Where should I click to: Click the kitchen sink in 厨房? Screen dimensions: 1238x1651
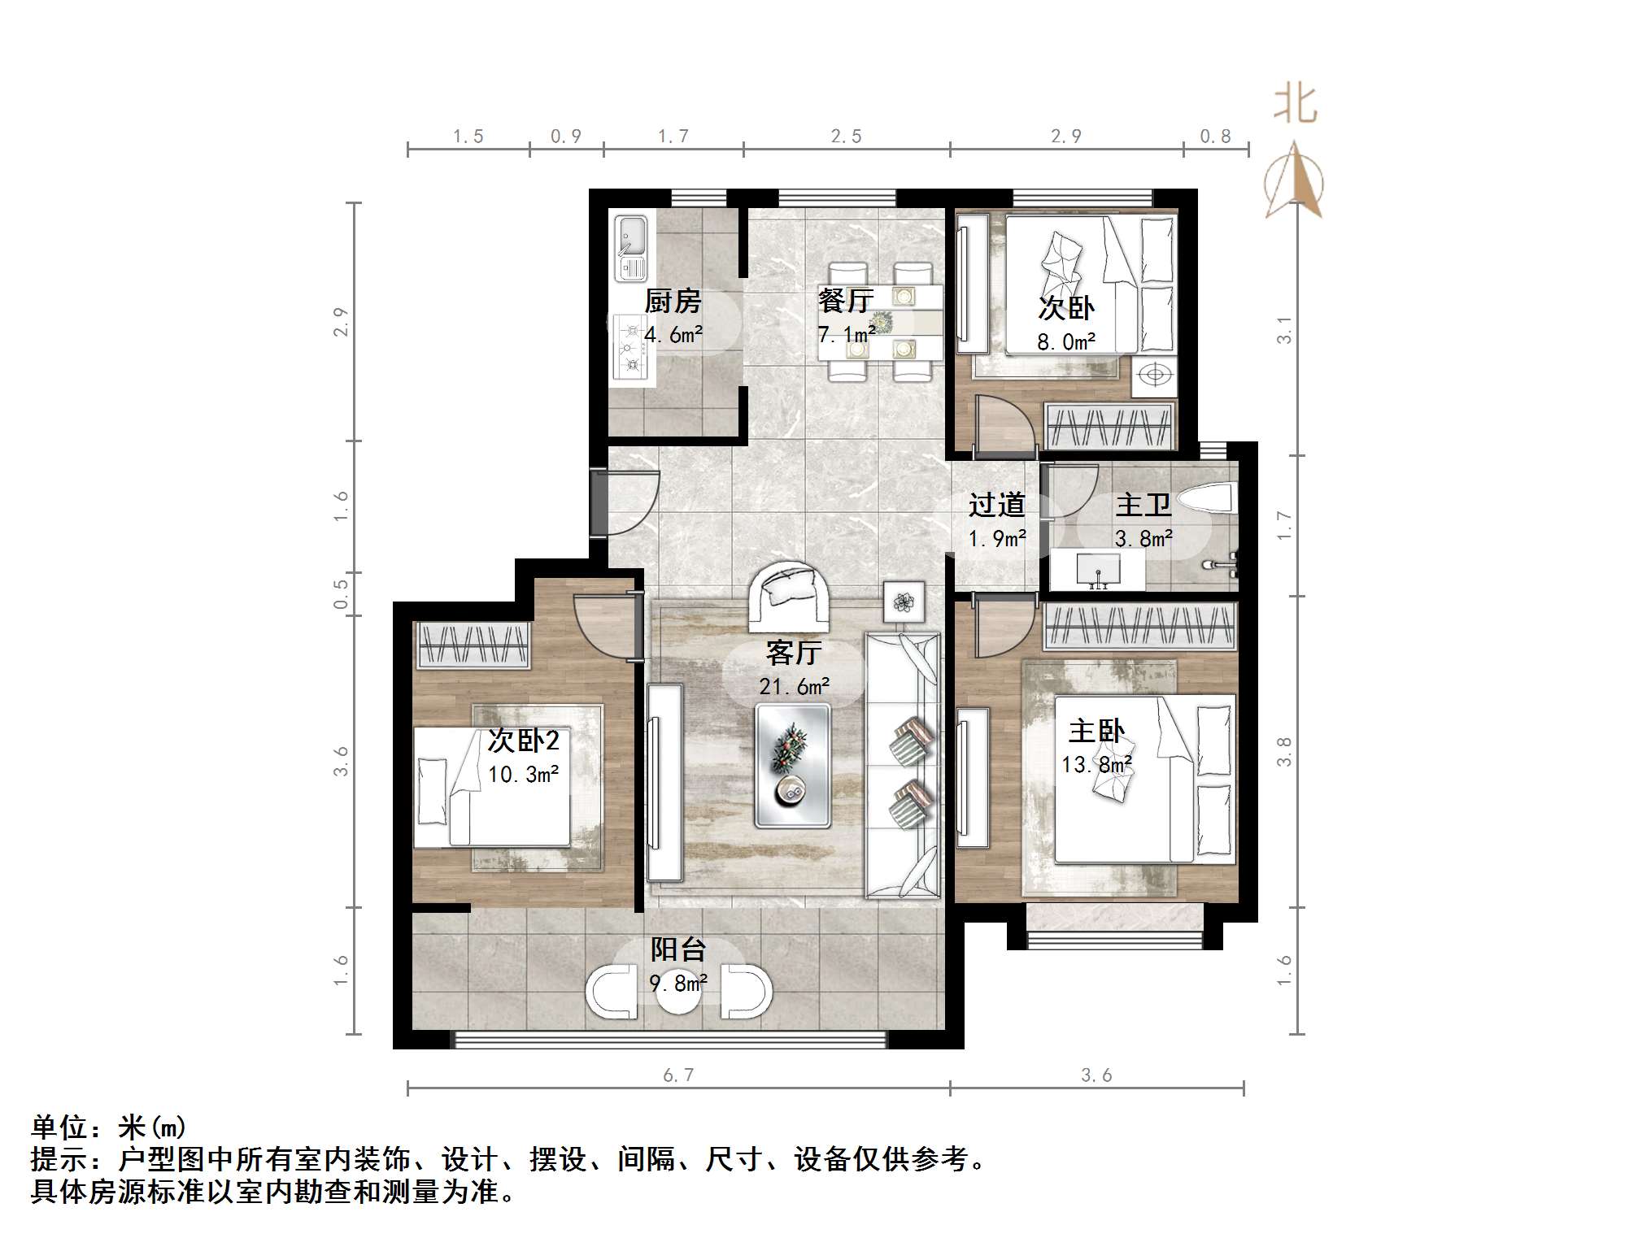pos(630,248)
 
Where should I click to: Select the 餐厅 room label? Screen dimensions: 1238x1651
pos(846,301)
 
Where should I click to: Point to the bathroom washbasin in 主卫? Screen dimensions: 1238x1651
pos(1098,569)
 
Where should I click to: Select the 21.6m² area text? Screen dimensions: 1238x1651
pos(795,687)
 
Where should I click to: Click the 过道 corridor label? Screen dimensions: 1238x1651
pos(996,506)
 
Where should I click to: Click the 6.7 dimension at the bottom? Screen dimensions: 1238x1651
pos(678,1075)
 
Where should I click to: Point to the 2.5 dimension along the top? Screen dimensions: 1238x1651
pos(846,137)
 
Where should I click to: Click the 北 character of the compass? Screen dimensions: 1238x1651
pos(1295,105)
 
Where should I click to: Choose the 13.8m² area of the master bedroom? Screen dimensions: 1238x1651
pos(1096,765)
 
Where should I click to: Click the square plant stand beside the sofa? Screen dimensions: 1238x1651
pos(904,602)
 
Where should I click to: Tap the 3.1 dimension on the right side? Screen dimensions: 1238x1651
pos(1283,329)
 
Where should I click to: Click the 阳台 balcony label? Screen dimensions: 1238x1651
pos(678,949)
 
